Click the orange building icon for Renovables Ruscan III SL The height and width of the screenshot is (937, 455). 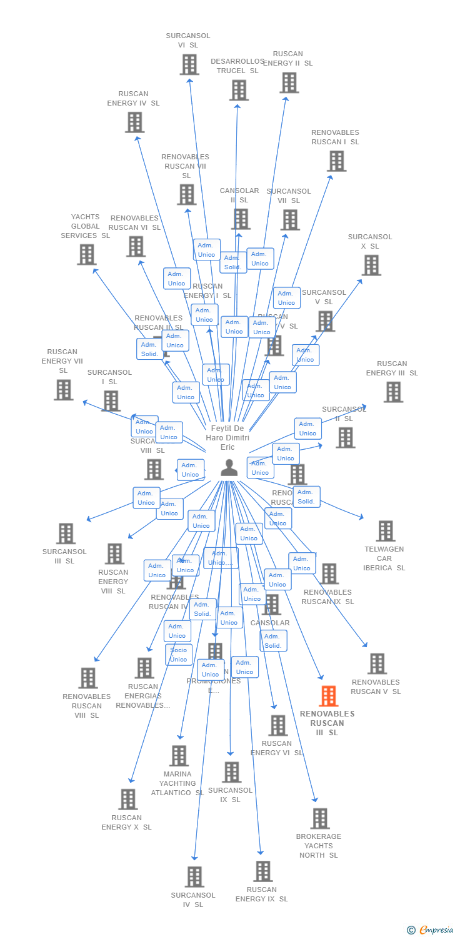coord(328,696)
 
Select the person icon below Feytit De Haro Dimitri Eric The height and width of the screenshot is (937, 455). coord(229,467)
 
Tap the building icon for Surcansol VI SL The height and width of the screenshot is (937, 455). coord(189,64)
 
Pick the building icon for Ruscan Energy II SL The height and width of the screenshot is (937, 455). coord(289,82)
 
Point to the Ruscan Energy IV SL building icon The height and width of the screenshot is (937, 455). coord(134,122)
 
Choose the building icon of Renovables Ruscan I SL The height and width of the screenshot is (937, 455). coord(336,161)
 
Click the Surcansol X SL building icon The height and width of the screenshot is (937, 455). coord(371,265)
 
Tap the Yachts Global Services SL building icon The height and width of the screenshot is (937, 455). coord(87,254)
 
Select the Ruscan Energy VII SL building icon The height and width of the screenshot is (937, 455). coord(63,390)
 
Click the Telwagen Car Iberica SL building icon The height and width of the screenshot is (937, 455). coord(385,531)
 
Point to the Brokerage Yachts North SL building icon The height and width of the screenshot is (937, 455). coord(320,818)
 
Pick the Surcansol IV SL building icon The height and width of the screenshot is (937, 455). coord(195,877)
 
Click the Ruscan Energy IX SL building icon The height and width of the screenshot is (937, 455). coord(262,871)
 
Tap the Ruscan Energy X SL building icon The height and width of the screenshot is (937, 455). coord(127,800)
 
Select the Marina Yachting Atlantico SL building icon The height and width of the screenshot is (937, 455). coord(179,756)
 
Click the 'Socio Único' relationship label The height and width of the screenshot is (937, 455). coord(179,655)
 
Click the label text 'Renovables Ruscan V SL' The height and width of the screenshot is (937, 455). coord(376,687)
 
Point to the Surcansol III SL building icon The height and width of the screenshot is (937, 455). coord(66,533)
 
